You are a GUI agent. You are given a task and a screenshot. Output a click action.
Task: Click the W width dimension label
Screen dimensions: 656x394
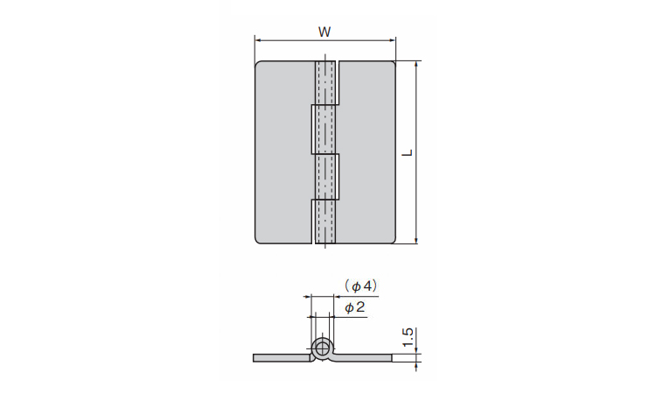coord(325,32)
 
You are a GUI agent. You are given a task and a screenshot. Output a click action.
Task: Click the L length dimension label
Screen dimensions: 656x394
coord(408,153)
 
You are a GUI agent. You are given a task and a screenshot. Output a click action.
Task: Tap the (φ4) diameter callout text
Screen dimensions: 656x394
coord(361,286)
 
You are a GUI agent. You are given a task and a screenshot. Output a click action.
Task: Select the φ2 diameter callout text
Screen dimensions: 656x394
coord(355,307)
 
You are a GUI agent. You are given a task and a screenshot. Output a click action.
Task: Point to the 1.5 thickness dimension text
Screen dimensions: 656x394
coord(408,337)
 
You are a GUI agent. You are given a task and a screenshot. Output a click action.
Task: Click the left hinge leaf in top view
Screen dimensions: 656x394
coord(283,152)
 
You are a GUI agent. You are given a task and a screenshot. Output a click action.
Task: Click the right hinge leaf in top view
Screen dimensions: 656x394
coord(366,152)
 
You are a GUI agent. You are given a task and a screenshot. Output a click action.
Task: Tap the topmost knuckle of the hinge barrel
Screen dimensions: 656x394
coord(325,82)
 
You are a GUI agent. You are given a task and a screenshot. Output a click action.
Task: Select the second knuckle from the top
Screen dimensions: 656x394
coord(325,130)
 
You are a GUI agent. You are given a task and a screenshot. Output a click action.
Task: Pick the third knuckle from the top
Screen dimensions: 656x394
coord(325,177)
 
